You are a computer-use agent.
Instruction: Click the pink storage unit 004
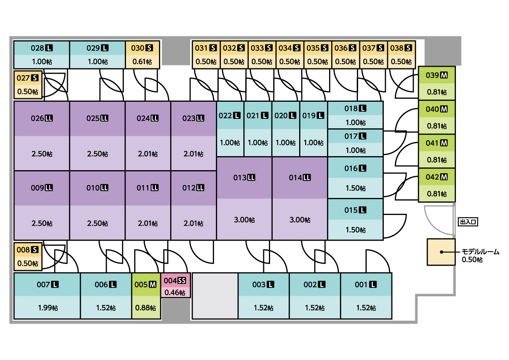coord(175,286)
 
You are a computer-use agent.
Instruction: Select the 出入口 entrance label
coord(468,222)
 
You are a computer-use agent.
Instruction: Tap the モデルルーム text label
coord(480,252)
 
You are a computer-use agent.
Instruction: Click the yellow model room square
coord(441,252)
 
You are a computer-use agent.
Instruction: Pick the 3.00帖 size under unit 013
coord(244,220)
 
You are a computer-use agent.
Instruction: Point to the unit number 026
coord(38,118)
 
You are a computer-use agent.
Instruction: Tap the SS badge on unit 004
coord(182,281)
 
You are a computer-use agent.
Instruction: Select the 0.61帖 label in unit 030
coord(142,61)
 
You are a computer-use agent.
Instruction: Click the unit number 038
coord(397,48)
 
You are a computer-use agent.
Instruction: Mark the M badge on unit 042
coord(444,177)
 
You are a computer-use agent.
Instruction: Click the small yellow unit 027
coord(28,85)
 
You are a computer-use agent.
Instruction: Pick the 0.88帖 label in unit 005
coord(146,308)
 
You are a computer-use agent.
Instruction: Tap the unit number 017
coord(351,136)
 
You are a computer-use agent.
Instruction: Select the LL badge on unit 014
coord(307,178)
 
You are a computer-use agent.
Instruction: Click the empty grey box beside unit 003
coord(215,296)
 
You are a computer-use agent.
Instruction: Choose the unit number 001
coord(361,285)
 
